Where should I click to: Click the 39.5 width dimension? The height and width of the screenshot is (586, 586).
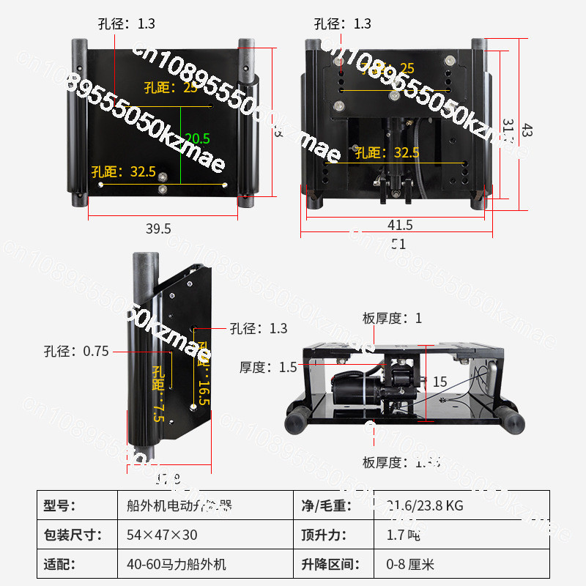(157, 229)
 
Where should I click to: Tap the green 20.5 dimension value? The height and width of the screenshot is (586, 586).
(198, 138)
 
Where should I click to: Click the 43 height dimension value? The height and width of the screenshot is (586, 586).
(527, 130)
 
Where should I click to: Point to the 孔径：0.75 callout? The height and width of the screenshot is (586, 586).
(75, 351)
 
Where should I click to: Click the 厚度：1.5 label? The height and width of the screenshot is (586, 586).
(268, 367)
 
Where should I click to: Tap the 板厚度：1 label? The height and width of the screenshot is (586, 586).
(393, 318)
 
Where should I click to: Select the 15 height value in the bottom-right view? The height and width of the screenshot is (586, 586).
(439, 382)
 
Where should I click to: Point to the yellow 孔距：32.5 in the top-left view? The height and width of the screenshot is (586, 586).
(123, 172)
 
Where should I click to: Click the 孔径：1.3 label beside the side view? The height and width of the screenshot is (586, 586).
(259, 328)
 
